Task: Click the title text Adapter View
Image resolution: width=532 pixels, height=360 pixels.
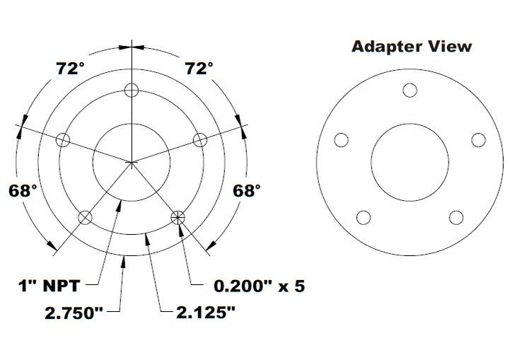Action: [411, 47]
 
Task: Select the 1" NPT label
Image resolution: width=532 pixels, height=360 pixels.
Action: [47, 286]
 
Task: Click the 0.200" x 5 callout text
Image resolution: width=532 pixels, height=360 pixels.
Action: [259, 286]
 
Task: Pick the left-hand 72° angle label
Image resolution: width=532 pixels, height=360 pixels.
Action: [71, 69]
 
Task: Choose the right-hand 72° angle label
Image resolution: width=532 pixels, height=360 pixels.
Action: [199, 69]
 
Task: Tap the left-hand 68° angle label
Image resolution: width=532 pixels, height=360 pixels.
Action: [23, 190]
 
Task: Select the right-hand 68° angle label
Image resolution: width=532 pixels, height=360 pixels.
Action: [247, 190]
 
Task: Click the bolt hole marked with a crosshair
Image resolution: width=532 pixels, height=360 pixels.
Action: [178, 217]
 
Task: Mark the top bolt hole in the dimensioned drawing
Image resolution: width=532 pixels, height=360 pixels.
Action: [132, 90]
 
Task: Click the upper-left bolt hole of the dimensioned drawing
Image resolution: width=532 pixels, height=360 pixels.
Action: [63, 139]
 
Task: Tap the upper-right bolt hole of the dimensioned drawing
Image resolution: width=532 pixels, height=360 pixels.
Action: [200, 139]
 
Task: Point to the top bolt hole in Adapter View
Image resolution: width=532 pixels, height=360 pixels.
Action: [410, 90]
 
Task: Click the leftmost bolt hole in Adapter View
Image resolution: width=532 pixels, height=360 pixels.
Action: [341, 140]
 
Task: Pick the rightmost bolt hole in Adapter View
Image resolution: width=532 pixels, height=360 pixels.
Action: [478, 140]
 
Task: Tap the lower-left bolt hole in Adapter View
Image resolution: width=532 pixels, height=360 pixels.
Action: [364, 217]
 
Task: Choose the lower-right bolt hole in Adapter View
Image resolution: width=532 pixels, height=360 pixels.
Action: [456, 217]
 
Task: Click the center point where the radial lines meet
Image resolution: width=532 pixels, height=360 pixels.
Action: [132, 163]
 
